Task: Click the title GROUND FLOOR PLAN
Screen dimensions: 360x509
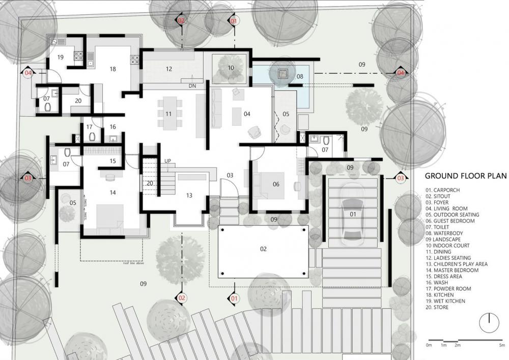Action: click(x=465, y=176)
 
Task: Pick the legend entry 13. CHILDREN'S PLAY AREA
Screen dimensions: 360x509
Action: click(x=457, y=264)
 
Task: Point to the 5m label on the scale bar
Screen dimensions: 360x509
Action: click(x=502, y=345)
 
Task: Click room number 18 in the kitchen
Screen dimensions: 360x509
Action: click(x=112, y=69)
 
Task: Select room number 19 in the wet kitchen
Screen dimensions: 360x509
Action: click(x=60, y=57)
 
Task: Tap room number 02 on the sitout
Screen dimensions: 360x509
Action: click(x=263, y=249)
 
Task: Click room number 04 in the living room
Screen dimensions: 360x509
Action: click(x=247, y=114)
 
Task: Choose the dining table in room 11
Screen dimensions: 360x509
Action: click(x=168, y=113)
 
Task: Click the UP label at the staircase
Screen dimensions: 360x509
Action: click(x=167, y=161)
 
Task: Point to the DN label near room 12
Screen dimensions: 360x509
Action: click(x=192, y=86)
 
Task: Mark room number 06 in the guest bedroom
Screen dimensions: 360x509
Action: click(x=276, y=184)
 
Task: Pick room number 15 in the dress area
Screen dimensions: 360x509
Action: click(x=113, y=161)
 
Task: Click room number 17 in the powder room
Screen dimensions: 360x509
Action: click(x=90, y=127)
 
